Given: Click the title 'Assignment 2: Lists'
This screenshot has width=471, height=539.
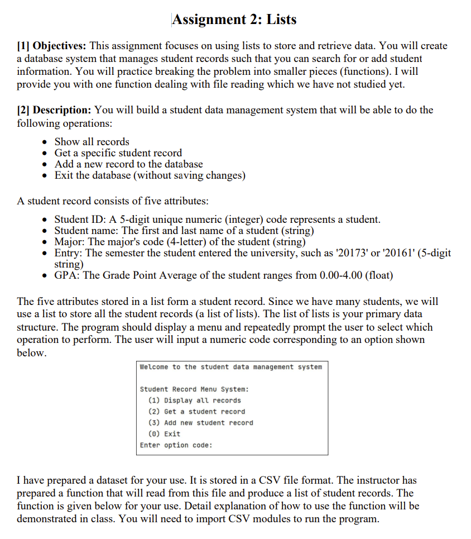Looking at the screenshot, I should coord(234,20).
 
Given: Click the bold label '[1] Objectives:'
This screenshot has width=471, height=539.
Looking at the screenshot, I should coord(51,46).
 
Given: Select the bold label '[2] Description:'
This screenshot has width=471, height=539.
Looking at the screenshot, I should coord(55,110).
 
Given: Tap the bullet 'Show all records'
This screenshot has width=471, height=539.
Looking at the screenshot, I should coord(92,142).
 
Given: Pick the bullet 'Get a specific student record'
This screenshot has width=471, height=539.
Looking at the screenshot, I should coord(118,153).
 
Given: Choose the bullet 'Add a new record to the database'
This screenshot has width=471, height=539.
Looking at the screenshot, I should coord(128,164).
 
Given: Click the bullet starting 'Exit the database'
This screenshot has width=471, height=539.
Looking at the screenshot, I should coord(150,175).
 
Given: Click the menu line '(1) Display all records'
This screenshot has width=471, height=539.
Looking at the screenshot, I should coord(194,400).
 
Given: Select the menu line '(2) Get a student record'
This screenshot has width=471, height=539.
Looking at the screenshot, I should coord(196,412).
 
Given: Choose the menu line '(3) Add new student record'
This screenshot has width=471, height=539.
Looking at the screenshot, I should coord(200,423).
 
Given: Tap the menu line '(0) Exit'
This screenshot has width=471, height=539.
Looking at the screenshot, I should coord(164,434).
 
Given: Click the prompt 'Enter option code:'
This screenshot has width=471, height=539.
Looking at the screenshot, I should coord(176,445).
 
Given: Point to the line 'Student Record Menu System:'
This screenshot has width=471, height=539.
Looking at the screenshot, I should coord(194,389).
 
